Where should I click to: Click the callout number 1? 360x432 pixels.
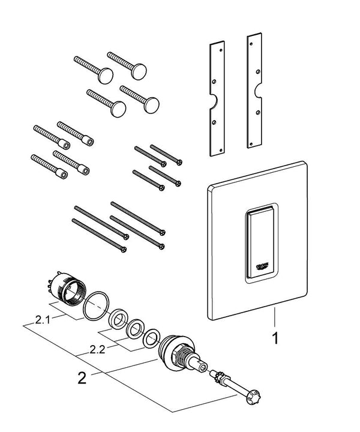click(x=275, y=338)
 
